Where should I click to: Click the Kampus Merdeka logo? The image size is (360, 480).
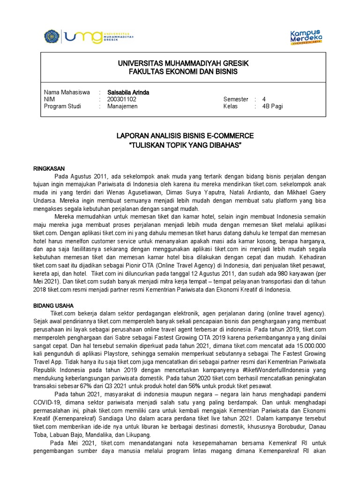pos(306,37)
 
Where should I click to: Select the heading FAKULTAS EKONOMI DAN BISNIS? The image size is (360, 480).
pos(183,71)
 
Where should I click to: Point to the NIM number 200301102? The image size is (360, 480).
pos(122,99)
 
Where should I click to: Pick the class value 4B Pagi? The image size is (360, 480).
pos(272,106)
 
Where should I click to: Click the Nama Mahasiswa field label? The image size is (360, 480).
pos(67,92)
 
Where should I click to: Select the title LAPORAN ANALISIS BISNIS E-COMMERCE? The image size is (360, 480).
pos(185,136)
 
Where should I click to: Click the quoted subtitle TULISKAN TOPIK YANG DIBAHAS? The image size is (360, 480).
pos(185,146)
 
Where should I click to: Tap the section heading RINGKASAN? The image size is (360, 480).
pos(49,168)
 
